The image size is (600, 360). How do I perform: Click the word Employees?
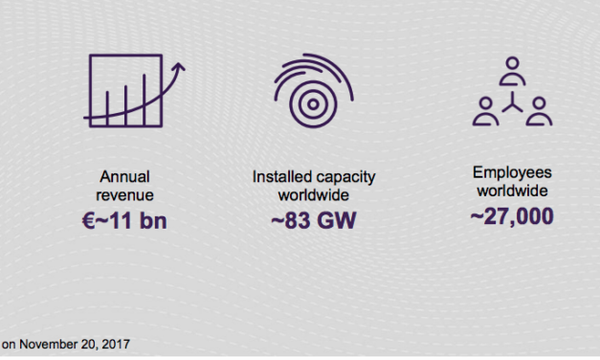point(511,172)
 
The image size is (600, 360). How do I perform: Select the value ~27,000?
point(511,216)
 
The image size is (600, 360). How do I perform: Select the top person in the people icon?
point(512,70)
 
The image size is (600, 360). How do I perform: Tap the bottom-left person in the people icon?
point(486,111)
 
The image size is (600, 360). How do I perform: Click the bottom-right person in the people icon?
point(539,111)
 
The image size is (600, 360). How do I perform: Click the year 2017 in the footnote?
point(116,343)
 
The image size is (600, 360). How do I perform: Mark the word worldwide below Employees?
point(511,191)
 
